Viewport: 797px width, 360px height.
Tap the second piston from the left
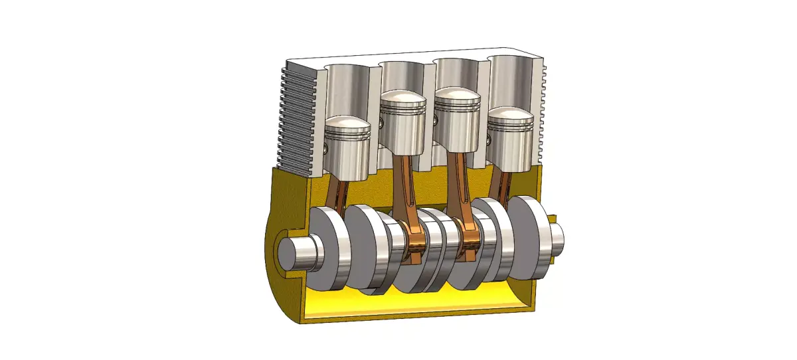coord(402,123)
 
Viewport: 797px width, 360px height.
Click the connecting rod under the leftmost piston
coord(338,193)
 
